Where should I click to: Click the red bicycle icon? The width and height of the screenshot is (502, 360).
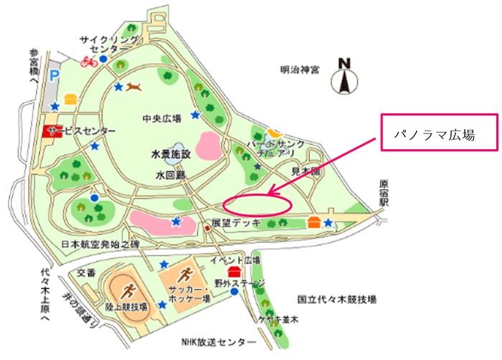pos(89,61)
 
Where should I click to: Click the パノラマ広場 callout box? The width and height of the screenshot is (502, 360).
pos(438,133)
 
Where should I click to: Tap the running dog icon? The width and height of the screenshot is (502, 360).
pos(135,87)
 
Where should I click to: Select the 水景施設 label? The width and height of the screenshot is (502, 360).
pos(170,153)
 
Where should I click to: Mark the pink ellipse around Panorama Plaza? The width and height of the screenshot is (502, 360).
pos(257,204)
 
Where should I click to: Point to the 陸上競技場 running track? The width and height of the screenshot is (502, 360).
pos(128,290)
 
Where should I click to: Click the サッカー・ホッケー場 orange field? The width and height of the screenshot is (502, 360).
pos(185,277)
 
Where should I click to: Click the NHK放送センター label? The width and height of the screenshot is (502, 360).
pos(217,341)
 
